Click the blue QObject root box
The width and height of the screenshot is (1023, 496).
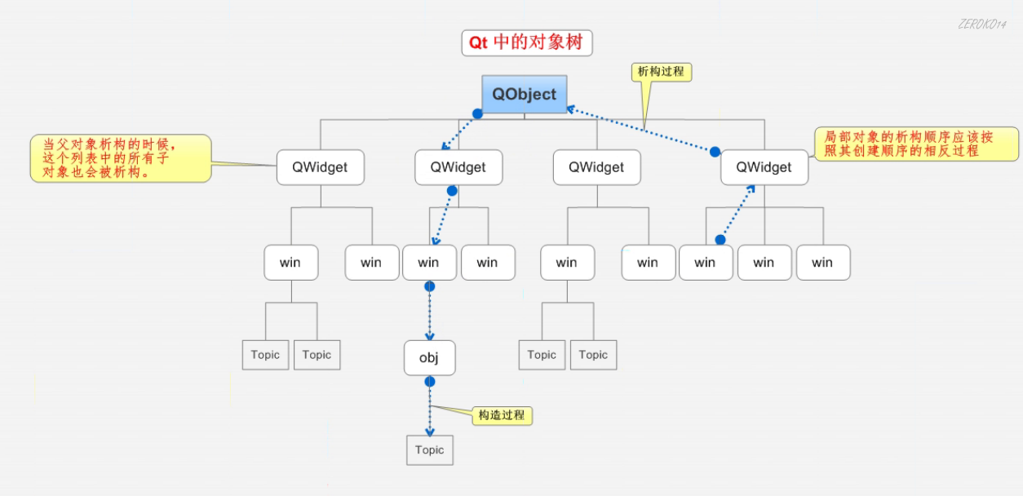click(524, 94)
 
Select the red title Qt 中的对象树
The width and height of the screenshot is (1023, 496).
click(527, 42)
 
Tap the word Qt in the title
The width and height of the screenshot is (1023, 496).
click(478, 42)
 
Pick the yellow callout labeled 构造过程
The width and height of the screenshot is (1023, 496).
click(502, 415)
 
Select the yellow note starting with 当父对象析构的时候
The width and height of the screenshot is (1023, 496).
click(120, 157)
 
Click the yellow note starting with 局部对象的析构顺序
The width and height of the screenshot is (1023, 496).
click(916, 144)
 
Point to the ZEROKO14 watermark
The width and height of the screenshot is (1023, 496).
click(981, 24)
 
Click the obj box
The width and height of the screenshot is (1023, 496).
click(429, 358)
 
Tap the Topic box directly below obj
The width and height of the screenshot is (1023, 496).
click(429, 450)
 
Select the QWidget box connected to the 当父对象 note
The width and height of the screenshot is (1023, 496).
click(320, 167)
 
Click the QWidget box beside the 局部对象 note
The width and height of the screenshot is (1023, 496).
click(764, 167)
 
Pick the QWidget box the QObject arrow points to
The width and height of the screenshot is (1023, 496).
click(458, 167)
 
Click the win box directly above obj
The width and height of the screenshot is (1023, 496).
click(429, 262)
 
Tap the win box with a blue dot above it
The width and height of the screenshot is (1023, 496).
click(705, 262)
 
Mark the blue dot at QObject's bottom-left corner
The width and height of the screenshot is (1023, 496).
click(478, 114)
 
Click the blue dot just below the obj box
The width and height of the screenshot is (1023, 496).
click(430, 382)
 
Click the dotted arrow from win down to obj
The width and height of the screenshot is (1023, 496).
click(430, 314)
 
